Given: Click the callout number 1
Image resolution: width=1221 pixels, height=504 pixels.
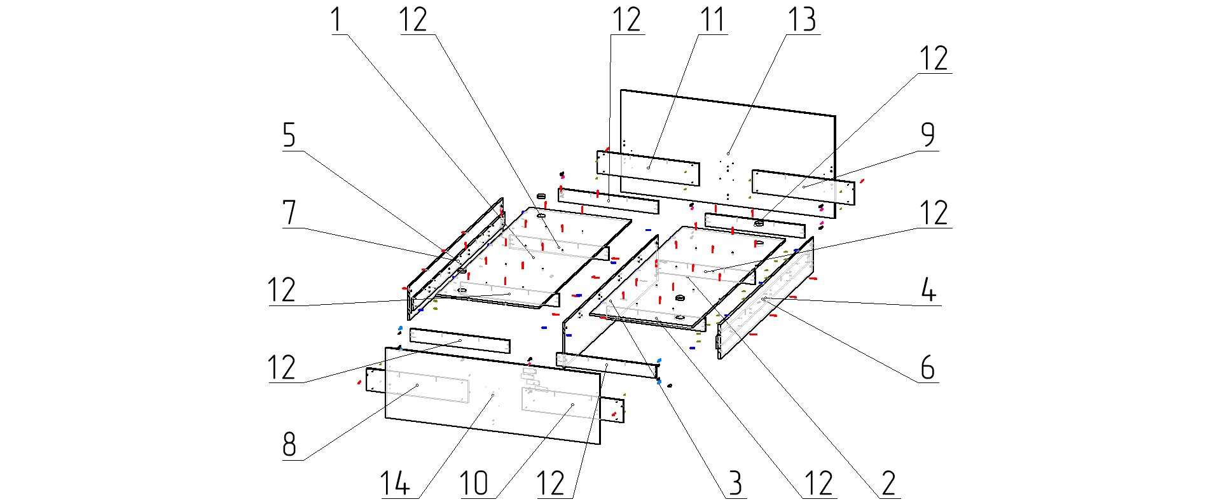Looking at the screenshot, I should tap(336, 20).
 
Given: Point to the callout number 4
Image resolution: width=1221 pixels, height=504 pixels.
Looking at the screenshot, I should tap(928, 290).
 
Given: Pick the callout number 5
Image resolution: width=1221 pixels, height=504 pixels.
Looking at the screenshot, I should tap(289, 136).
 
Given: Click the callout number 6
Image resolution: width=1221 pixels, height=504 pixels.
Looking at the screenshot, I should tap(928, 368).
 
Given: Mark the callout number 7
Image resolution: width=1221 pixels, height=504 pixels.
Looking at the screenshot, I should tap(289, 213).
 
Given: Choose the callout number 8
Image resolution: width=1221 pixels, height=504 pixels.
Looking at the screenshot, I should tap(289, 444).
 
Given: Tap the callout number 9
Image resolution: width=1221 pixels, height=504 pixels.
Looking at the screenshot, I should tap(928, 136).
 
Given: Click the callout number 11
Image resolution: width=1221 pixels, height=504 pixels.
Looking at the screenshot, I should tap(712, 20).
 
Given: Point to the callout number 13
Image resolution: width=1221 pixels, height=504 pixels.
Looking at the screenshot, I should tap(802, 20).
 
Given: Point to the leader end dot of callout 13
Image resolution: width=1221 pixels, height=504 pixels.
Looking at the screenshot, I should tap(728, 153).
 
